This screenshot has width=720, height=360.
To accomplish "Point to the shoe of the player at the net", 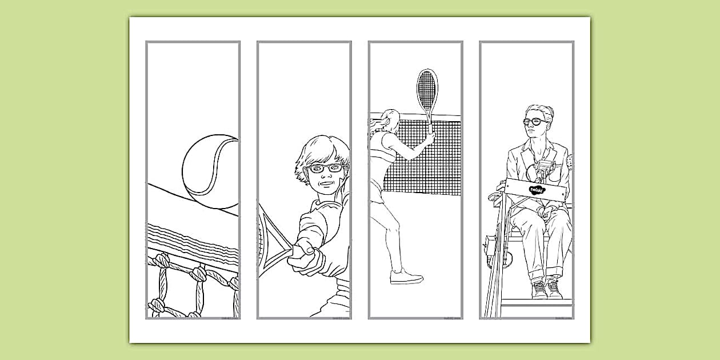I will tap(406, 277).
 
